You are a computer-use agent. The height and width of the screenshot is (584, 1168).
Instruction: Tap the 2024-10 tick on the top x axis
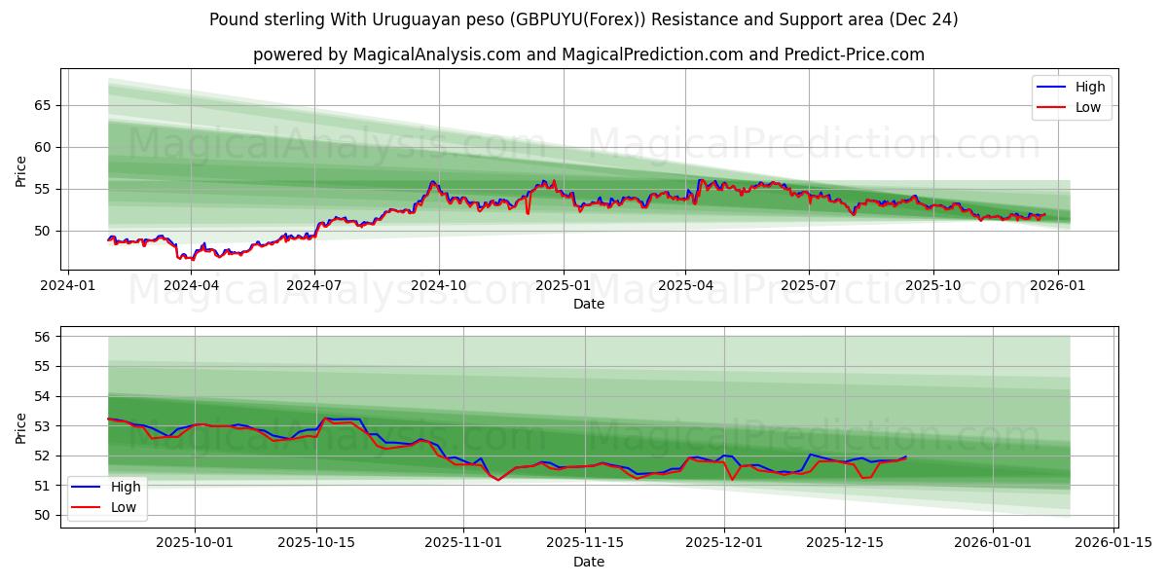438,285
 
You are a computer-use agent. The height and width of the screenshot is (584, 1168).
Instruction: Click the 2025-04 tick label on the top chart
685,285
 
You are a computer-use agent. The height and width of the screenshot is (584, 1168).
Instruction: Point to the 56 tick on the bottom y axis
44,337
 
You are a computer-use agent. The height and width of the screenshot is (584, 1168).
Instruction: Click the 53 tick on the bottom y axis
44,426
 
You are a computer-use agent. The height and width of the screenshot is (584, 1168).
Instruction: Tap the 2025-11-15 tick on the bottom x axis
585,543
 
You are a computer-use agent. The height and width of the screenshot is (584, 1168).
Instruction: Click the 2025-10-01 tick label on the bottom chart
195,543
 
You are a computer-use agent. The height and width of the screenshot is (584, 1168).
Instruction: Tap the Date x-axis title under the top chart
588,304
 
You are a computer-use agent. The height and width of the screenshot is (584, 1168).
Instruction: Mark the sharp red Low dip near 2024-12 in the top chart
528,212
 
